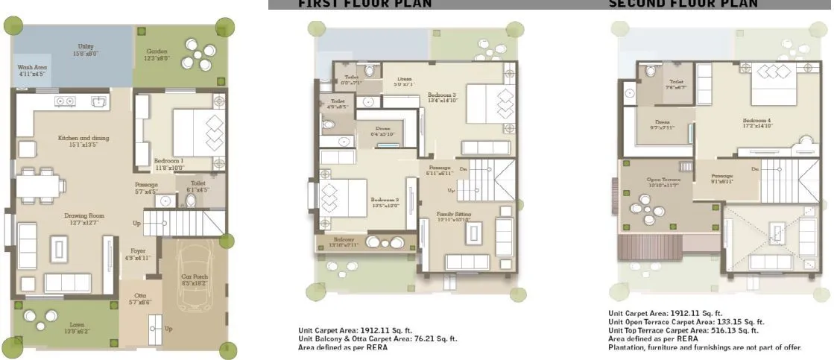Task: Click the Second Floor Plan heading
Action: [683, 4]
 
